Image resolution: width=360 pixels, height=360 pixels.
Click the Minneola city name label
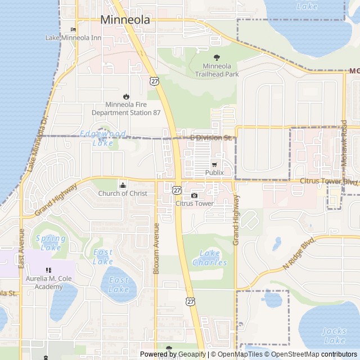click(125, 20)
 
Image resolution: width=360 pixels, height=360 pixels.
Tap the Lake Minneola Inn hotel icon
click(73, 30)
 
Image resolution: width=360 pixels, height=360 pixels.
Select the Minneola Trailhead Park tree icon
click(217, 57)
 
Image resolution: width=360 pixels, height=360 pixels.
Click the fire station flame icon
click(126, 96)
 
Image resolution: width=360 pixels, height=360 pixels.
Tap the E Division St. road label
click(211, 137)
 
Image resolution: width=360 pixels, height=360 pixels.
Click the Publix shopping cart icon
click(214, 164)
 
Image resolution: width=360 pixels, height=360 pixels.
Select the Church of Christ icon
click(123, 185)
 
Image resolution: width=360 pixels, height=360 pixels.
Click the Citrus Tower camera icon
click(194, 195)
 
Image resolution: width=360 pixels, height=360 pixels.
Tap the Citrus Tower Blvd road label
click(329, 181)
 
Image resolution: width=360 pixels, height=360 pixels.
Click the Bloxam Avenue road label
click(157, 248)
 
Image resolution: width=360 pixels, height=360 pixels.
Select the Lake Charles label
click(210, 258)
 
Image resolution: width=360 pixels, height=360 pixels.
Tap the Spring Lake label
click(51, 243)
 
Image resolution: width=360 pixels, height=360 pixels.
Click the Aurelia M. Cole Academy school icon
click(48, 271)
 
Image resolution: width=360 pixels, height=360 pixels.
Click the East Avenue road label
click(21, 247)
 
